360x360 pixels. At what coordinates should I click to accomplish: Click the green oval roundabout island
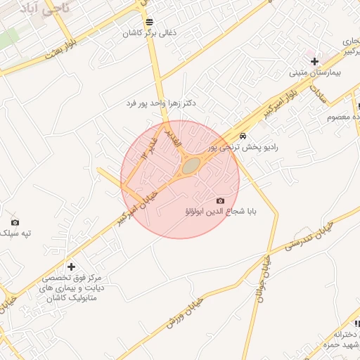[191, 167]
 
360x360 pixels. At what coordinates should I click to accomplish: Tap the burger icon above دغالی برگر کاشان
[149, 22]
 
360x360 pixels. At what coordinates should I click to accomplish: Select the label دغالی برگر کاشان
[149, 33]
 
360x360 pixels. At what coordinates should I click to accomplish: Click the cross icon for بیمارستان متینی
[315, 62]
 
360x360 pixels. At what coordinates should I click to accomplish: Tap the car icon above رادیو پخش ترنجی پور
[243, 136]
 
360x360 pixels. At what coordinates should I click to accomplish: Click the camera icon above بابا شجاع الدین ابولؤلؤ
[220, 200]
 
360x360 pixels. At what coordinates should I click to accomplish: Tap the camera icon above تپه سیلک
[15, 222]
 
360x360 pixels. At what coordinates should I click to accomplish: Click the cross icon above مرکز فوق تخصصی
[71, 266]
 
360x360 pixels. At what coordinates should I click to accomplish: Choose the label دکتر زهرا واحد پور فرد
[162, 103]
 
